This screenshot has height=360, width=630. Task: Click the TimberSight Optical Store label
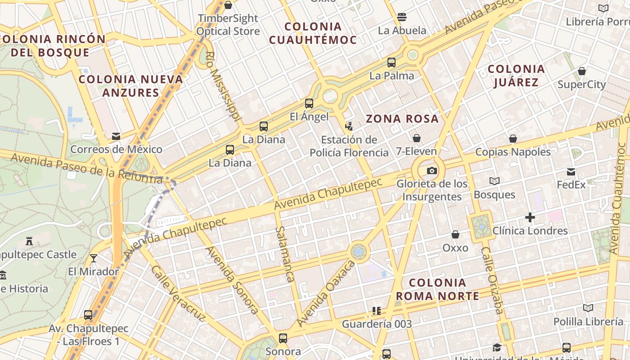pos(228,25)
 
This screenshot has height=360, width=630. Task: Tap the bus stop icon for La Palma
pos(391,63)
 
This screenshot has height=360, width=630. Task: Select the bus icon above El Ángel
pos(309,103)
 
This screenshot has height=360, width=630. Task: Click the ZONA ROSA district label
pos(402,119)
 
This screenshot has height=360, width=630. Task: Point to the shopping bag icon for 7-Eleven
pos(417,138)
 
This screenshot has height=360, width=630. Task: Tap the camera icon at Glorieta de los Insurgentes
pos(432,171)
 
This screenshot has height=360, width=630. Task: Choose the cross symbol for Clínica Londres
pos(530,218)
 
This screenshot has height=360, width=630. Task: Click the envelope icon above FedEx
pos(571,171)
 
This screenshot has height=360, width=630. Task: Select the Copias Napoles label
pos(513,152)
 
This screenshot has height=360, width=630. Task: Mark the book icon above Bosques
pos(495,181)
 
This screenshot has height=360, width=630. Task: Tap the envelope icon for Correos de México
pos(116,136)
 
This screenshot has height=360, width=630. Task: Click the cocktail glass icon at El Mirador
pos(94,258)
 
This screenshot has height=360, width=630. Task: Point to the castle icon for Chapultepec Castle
pos(29,241)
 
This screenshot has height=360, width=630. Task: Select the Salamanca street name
pos(285,254)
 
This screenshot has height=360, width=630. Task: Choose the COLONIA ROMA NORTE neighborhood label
pos(437,289)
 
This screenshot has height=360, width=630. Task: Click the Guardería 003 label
pos(377,324)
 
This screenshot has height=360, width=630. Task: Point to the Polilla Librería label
pos(588,322)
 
